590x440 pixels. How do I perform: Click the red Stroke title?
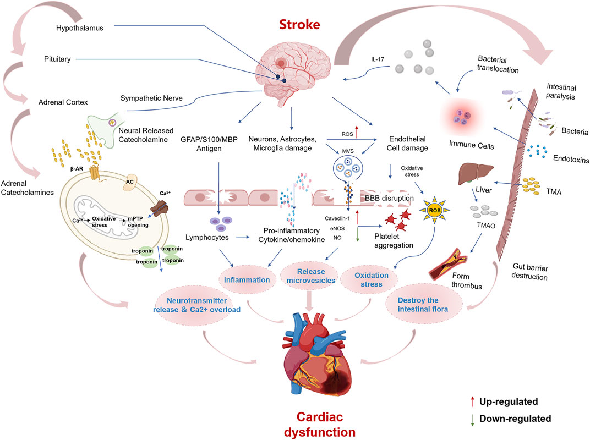coord(292,25)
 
